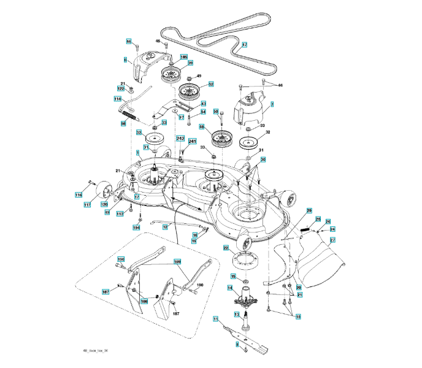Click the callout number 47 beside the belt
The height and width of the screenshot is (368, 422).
244,45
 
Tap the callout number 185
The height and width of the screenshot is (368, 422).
183,57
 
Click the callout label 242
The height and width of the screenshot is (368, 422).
180,139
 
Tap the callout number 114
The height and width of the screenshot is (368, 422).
117,98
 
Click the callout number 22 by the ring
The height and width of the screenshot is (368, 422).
226,248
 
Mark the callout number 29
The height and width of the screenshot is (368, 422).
309,210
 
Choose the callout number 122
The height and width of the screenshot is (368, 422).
121,89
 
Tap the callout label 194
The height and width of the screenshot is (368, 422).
136,227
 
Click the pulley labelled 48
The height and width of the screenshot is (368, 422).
218,140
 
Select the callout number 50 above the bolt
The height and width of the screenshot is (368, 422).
215,111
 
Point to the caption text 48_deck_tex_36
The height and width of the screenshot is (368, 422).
95,350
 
